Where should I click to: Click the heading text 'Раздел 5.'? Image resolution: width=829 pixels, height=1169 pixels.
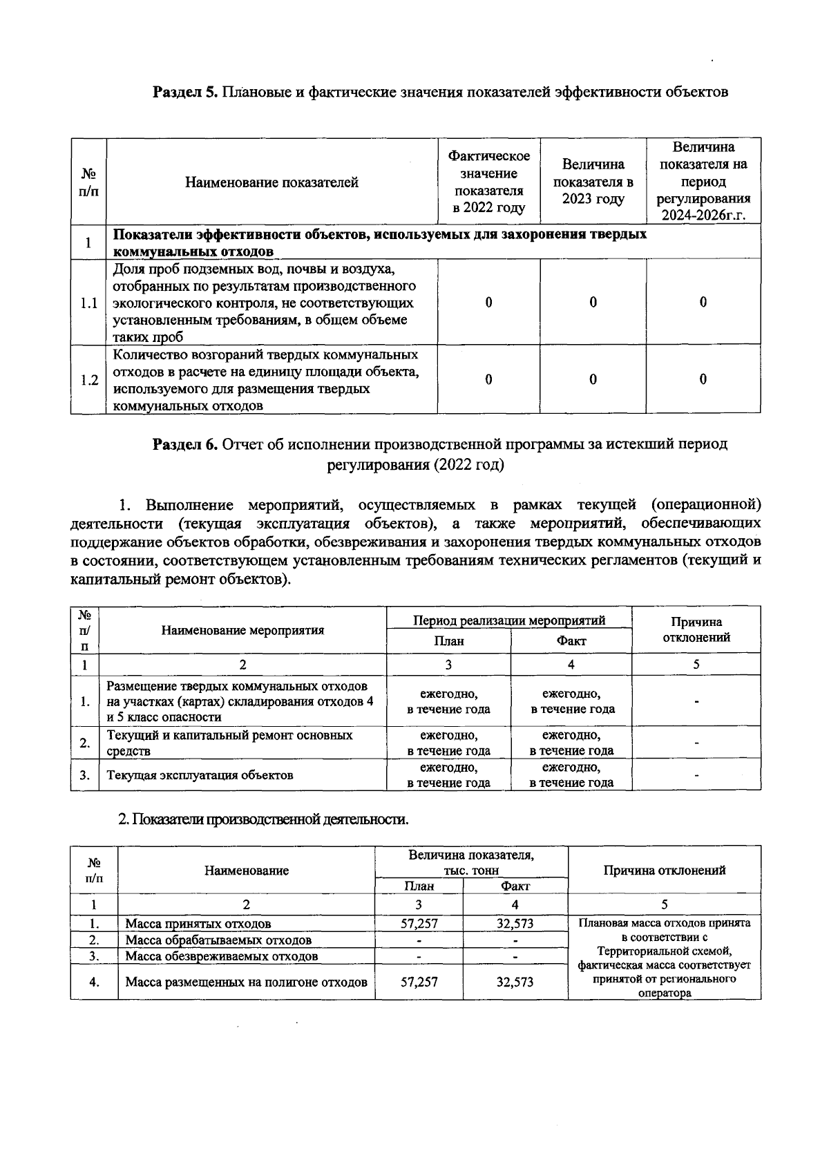point(185,92)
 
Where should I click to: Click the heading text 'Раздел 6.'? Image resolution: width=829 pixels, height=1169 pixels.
point(185,444)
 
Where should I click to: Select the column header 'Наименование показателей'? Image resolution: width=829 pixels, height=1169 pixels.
point(271,182)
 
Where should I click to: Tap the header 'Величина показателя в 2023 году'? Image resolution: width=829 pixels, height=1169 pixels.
point(593,182)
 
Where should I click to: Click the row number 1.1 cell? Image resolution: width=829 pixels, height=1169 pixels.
point(88,303)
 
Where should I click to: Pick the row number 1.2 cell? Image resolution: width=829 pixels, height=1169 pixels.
point(88,380)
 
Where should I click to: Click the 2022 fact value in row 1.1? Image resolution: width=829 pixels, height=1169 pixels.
point(488,303)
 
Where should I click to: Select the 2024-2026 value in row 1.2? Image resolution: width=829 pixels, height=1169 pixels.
point(703,379)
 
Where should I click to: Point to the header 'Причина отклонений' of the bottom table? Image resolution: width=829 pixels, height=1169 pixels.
point(664,871)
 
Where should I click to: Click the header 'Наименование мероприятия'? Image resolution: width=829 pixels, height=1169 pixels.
point(242,630)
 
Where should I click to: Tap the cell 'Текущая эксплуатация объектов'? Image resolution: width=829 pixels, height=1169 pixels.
point(200,775)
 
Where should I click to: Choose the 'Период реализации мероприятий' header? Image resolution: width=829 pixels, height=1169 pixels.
point(509,620)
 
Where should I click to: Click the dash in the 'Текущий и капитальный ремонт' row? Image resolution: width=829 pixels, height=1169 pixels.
point(696,743)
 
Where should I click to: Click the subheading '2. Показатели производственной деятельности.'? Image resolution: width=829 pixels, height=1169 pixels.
point(263,819)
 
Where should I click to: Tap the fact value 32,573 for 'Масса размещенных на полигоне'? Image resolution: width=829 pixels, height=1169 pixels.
point(515,982)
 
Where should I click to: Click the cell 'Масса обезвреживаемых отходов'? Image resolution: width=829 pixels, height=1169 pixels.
point(222,957)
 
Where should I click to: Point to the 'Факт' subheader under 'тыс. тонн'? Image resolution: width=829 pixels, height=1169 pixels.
point(515,886)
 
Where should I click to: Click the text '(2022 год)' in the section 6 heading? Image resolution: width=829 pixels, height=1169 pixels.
point(470,464)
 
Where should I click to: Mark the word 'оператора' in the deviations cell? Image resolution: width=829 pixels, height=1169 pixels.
point(664,994)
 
